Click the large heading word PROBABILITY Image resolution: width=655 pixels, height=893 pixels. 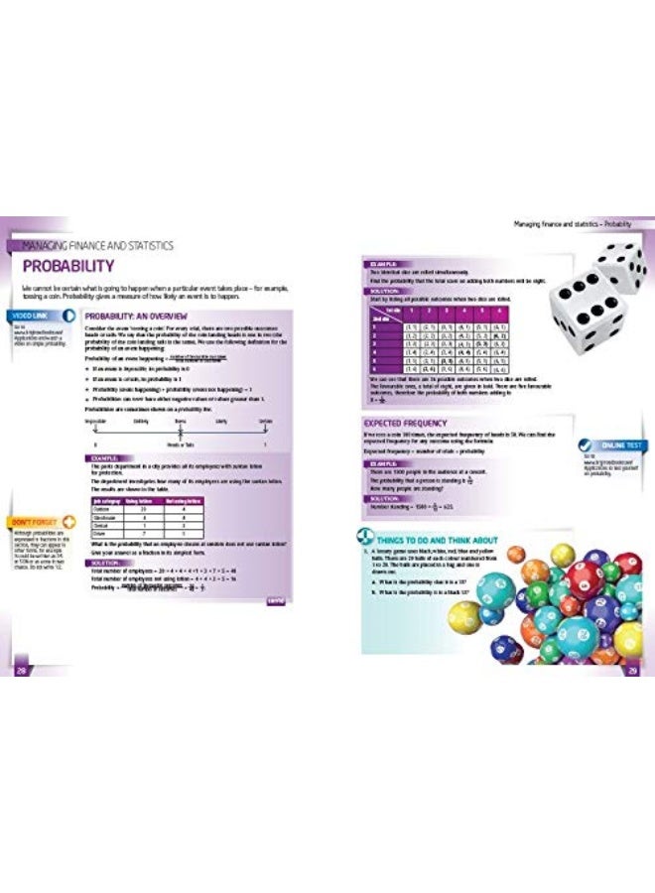coord(68,266)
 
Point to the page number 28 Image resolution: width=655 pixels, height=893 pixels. coord(20,673)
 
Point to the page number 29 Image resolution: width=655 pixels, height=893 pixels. coord(632,673)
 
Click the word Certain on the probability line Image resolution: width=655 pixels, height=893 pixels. coord(265,420)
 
